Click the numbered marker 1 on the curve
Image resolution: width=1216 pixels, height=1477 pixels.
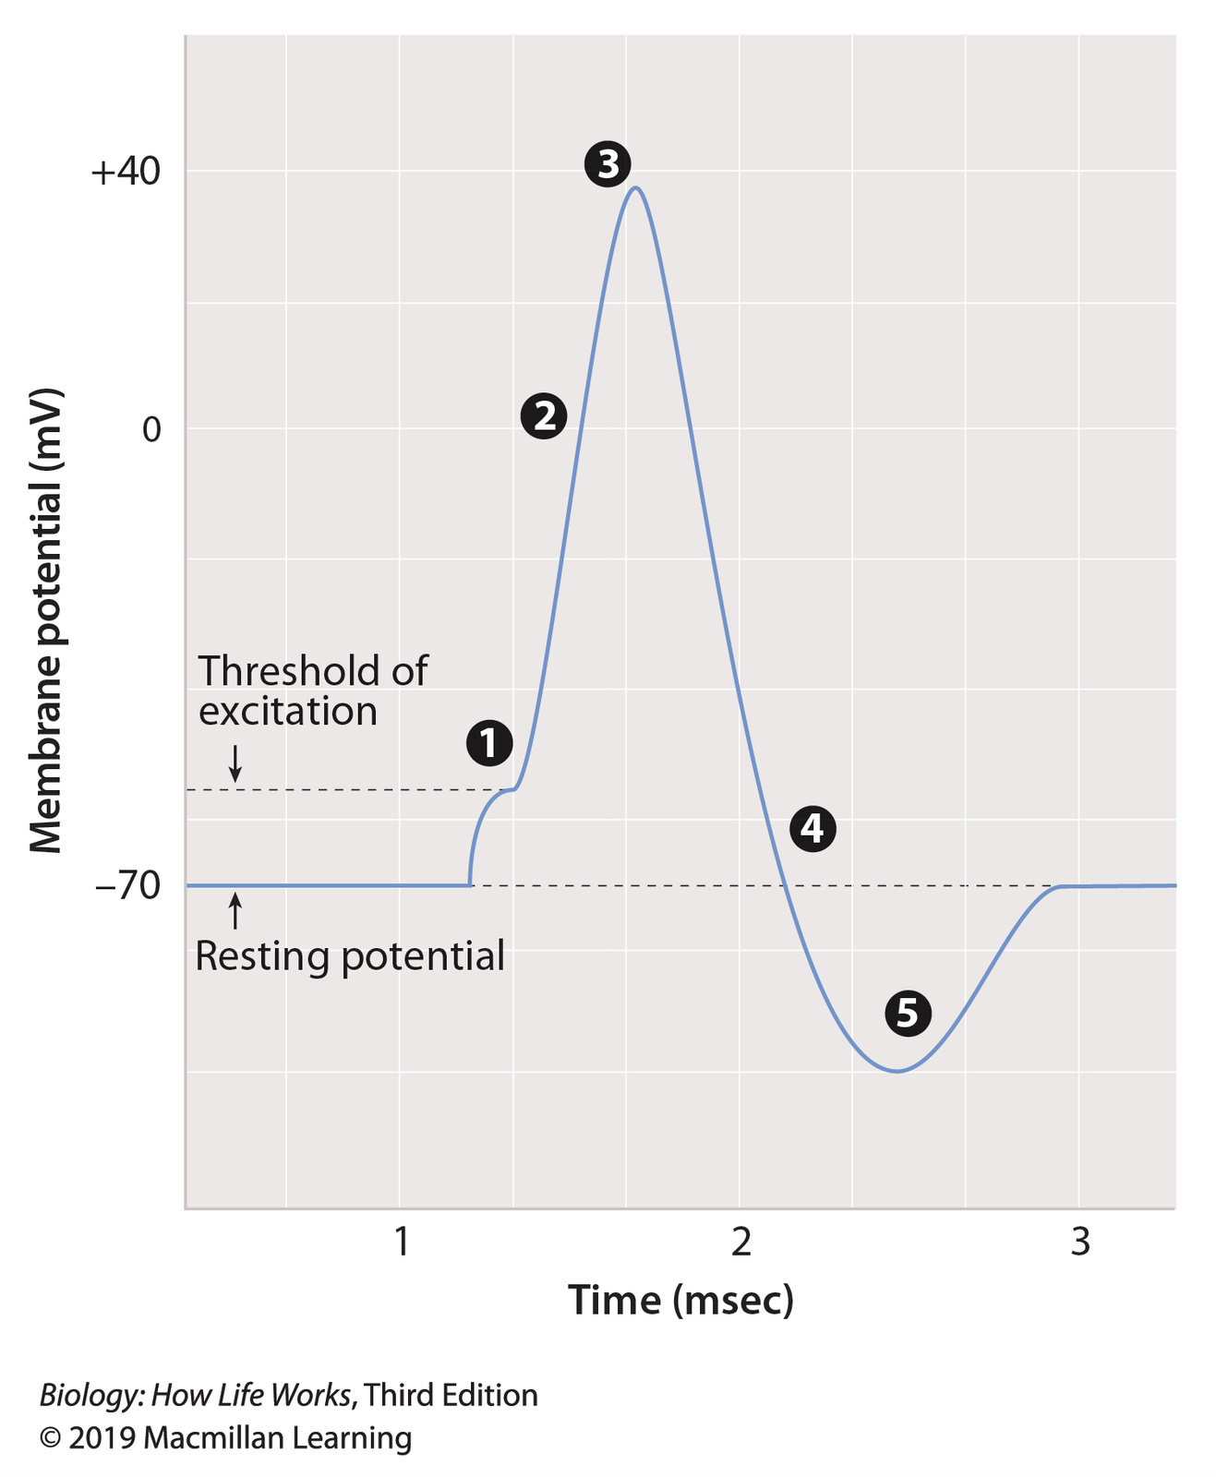pyautogui.click(x=489, y=743)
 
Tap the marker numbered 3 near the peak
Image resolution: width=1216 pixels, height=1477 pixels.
pyautogui.click(x=608, y=165)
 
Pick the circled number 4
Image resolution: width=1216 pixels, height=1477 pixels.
pyautogui.click(x=813, y=828)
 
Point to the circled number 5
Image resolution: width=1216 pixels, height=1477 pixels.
pyautogui.click(x=908, y=1013)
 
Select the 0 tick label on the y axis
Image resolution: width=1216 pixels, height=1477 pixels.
pyautogui.click(x=150, y=429)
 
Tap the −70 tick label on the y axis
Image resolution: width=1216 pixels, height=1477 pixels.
pyautogui.click(x=128, y=886)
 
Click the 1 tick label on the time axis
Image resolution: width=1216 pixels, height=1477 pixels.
pyautogui.click(x=401, y=1243)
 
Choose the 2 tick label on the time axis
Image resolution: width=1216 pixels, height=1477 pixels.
pyautogui.click(x=740, y=1243)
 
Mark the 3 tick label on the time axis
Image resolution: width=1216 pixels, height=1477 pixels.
pyautogui.click(x=1080, y=1243)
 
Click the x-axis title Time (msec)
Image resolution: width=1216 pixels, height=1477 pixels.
pyautogui.click(x=680, y=1300)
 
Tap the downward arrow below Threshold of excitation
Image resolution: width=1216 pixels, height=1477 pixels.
pyautogui.click(x=235, y=763)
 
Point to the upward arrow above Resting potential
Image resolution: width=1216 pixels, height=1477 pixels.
pyautogui.click(x=235, y=911)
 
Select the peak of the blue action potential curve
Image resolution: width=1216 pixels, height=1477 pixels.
pyautogui.click(x=635, y=188)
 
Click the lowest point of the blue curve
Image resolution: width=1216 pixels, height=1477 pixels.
pyautogui.click(x=896, y=1072)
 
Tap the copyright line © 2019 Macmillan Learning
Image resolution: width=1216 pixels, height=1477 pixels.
pyautogui.click(x=225, y=1438)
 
